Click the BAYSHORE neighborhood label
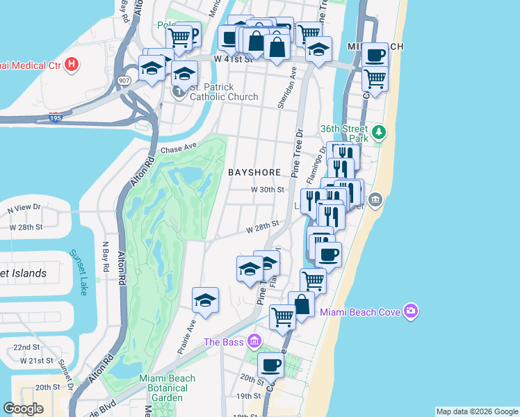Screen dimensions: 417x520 tap(254, 172)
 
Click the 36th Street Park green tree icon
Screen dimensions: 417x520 tap(378, 131)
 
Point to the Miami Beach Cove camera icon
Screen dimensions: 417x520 tap(412, 311)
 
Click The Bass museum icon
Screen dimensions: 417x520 tap(254, 341)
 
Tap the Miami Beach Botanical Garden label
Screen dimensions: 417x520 tap(167, 388)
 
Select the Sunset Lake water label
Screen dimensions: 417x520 tap(78, 272)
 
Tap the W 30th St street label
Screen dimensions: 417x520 tap(268, 189)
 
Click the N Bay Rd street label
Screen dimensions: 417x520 tap(106, 256)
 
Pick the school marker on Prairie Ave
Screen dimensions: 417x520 tap(205, 300)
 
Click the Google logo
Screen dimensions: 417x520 tap(23, 408)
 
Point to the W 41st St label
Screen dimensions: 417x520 tap(231, 60)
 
